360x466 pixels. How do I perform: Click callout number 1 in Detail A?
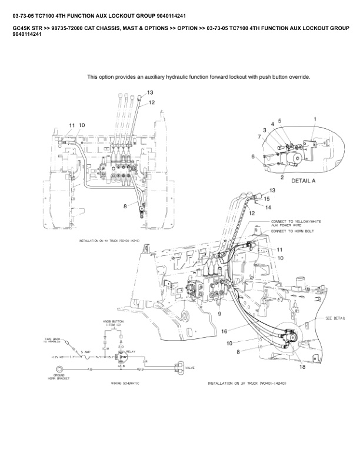click(315, 119)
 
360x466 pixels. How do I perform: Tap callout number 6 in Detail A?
click(252, 157)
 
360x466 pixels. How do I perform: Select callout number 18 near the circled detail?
click(302, 367)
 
